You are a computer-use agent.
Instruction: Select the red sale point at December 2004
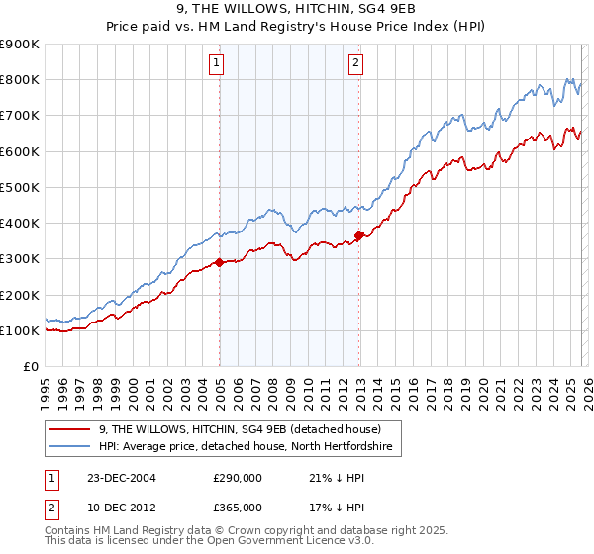pos(219,263)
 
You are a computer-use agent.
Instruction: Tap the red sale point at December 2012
pos(358,235)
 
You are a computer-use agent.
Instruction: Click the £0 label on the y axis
pos(30,366)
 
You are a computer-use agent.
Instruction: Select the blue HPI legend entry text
pos(246,447)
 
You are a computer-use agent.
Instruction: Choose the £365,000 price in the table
pos(238,507)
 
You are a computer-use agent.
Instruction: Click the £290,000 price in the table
pos(238,478)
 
